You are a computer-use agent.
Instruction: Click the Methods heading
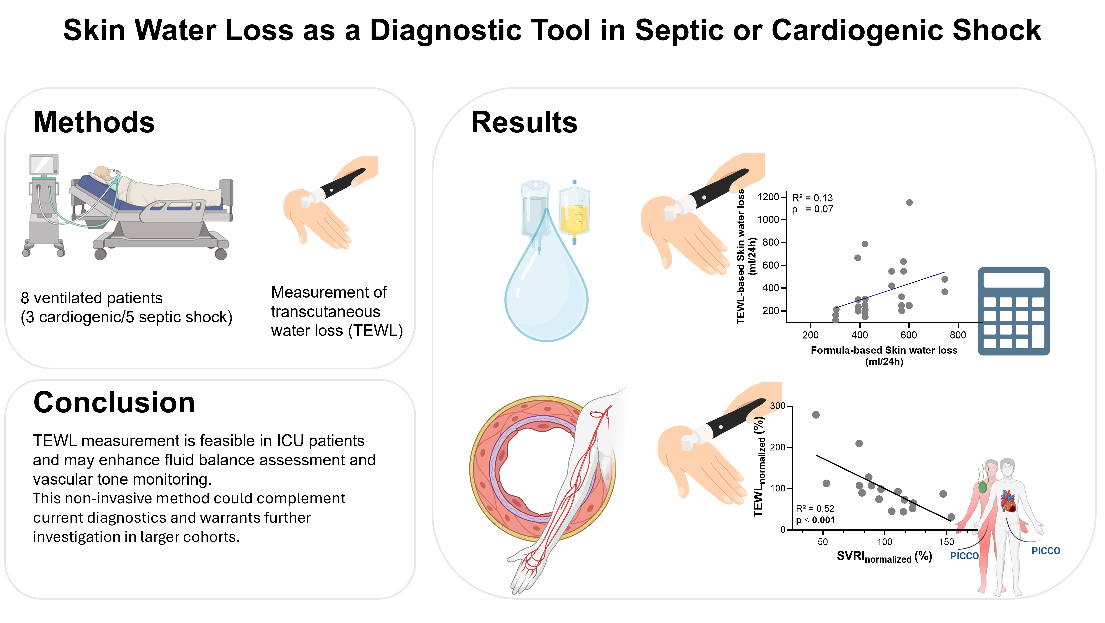(94, 123)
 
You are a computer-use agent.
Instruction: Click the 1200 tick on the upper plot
(768, 197)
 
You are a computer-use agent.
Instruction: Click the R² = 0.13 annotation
(812, 198)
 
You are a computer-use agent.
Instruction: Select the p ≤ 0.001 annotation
(815, 520)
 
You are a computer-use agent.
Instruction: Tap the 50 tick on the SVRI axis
(823, 542)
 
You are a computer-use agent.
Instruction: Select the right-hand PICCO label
(1045, 551)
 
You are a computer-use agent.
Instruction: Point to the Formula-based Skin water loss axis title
(884, 350)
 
